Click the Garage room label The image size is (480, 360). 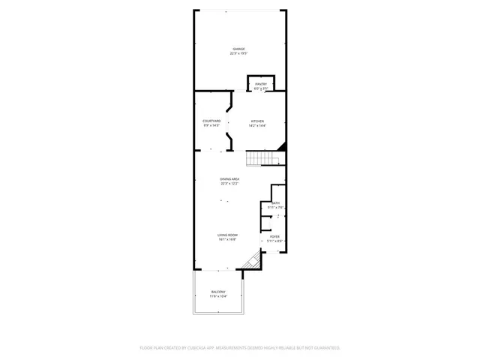238,49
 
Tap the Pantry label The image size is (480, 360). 260,84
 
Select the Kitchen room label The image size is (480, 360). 257,121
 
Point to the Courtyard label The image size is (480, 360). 211,121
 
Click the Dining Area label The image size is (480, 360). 229,178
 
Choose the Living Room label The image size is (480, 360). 228,235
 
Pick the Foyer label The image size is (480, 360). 274,236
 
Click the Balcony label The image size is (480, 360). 217,293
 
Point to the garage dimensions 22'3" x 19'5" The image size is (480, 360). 238,53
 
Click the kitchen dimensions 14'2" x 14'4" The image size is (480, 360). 257,126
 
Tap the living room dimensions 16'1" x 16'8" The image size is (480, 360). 228,240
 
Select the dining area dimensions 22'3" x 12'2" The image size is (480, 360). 229,183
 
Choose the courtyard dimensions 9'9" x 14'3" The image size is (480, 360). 211,126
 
